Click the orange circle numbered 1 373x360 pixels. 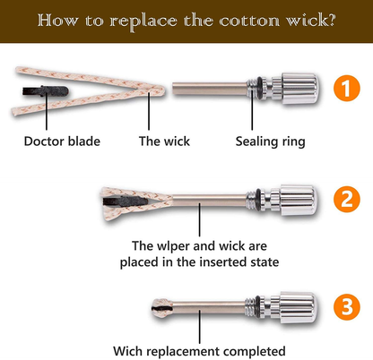[x=347, y=89]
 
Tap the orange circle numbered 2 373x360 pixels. [x=347, y=199]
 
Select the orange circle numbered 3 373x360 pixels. [x=347, y=307]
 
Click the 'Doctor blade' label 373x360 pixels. [x=62, y=141]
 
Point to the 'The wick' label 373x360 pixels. [x=164, y=141]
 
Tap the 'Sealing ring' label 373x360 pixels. [x=270, y=141]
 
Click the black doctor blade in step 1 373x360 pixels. [x=46, y=90]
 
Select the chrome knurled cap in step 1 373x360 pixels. [x=299, y=89]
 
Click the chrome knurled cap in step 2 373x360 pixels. [x=298, y=200]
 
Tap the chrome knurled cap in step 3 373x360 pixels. [x=298, y=307]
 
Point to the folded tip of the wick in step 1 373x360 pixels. [x=160, y=90]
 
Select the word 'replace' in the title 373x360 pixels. [x=143, y=21]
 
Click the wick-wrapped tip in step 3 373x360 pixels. [x=162, y=308]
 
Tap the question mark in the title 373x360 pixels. [x=330, y=21]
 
